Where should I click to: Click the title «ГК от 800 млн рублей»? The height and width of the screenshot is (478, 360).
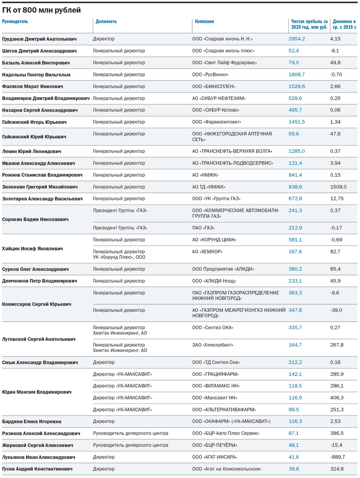[41, 10]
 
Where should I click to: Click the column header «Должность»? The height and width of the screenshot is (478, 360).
[106, 22]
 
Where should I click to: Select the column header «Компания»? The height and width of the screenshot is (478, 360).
[204, 22]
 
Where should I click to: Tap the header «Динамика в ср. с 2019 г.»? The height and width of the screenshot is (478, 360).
[344, 24]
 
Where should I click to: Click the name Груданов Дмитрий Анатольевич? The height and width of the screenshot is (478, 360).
[39, 39]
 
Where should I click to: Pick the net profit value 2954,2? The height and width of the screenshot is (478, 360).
[296, 39]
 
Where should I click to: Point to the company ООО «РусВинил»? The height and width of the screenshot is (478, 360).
[210, 75]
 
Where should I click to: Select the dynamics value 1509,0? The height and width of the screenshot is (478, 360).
[338, 187]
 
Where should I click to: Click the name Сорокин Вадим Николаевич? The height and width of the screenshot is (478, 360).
[35, 219]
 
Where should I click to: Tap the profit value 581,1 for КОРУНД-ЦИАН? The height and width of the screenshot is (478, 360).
[295, 240]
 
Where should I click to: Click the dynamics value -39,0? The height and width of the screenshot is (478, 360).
[336, 310]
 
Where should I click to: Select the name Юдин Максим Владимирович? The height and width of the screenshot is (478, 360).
[37, 392]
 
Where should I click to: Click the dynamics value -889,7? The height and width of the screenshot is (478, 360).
[337, 457]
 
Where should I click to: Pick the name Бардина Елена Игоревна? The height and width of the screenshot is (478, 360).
[32, 422]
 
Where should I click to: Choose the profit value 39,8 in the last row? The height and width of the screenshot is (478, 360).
[293, 469]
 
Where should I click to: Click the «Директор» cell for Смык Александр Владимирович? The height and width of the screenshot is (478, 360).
[104, 363]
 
